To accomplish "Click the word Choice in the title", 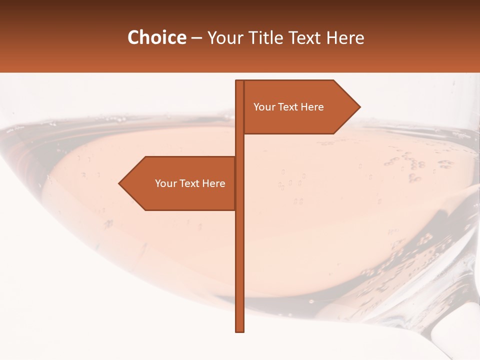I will click(156, 38).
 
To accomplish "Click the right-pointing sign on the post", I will click(300, 107).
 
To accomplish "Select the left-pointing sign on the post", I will click(180, 183).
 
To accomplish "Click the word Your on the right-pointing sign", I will click(263, 107).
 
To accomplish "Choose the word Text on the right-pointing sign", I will click(288, 107).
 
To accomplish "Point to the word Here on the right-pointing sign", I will click(312, 107).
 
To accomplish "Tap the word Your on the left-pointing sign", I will click(165, 183).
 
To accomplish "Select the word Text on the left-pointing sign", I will click(189, 183).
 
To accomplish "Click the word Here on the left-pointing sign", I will click(214, 183).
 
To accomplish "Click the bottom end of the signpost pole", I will click(240, 330).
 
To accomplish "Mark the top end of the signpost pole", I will click(239, 82).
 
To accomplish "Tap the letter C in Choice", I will click(133, 38).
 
